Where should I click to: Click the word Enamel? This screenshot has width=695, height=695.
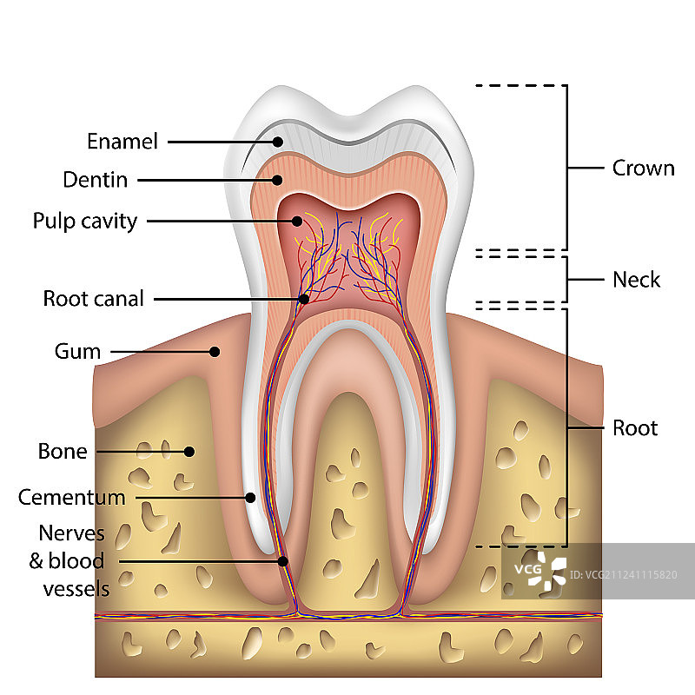click(122, 141)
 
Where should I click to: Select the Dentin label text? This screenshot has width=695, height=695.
click(96, 180)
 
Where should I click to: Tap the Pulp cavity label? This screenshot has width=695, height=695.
click(85, 221)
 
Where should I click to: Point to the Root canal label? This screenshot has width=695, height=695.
click(94, 299)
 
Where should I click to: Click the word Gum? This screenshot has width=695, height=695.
click(78, 352)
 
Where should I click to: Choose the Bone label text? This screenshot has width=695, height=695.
click(63, 451)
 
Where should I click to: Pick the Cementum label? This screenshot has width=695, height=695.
click(72, 498)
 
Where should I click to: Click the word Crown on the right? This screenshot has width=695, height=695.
click(643, 168)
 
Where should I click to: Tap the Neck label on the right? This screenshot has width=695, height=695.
click(636, 280)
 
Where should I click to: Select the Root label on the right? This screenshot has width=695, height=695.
click(635, 427)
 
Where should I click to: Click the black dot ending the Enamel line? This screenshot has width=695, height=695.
click(278, 141)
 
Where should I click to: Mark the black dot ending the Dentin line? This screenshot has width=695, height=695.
click(278, 180)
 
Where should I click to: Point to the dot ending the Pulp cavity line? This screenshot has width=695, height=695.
click(295, 221)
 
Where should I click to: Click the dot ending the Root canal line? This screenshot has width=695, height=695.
click(303, 299)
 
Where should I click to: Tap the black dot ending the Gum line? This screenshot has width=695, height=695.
click(214, 352)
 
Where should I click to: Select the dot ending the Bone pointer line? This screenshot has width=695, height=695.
click(188, 451)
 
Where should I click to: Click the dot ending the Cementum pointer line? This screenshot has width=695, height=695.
click(250, 498)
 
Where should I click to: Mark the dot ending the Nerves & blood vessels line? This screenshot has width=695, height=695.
click(282, 561)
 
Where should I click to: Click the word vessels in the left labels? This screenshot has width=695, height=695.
click(76, 588)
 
